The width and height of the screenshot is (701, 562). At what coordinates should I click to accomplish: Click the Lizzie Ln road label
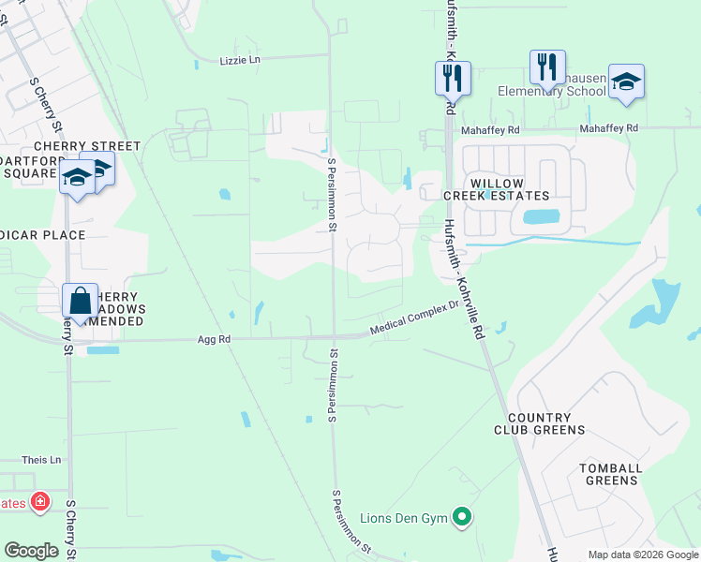pyautogui.click(x=240, y=59)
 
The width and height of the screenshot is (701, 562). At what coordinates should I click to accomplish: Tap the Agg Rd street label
pyautogui.click(x=214, y=341)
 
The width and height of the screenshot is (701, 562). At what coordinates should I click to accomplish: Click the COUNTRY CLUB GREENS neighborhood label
pyautogui.click(x=546, y=423)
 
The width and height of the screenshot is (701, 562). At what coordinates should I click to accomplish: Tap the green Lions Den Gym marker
pyautogui.click(x=461, y=516)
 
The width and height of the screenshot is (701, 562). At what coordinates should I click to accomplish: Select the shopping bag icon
pyautogui.click(x=81, y=302)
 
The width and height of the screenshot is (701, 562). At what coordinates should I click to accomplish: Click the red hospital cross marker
pyautogui.click(x=40, y=502)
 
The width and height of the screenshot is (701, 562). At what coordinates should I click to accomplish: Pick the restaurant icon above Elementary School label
pyautogui.click(x=547, y=67)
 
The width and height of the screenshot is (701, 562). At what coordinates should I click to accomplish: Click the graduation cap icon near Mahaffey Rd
pyautogui.click(x=626, y=81)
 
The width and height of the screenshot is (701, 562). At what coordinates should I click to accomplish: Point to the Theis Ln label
pyautogui.click(x=41, y=460)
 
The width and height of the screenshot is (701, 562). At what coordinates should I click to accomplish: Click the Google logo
pyautogui.click(x=31, y=551)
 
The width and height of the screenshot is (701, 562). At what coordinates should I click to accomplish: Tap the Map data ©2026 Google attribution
pyautogui.click(x=642, y=555)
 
